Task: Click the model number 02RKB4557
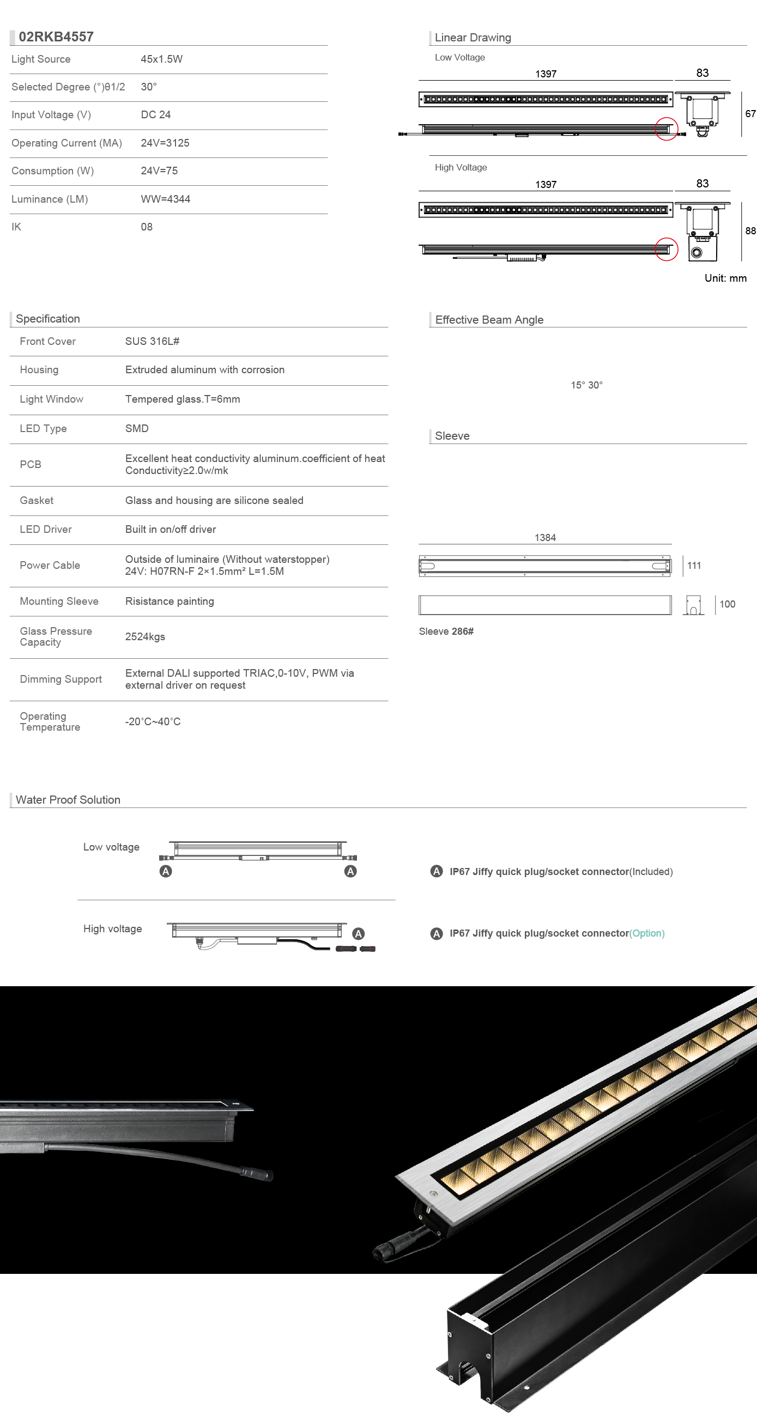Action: pyautogui.click(x=56, y=37)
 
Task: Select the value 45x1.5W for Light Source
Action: pyautogui.click(x=161, y=59)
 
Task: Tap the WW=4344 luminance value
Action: pyautogui.click(x=165, y=199)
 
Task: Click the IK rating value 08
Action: pyautogui.click(x=147, y=227)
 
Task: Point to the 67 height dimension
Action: pyautogui.click(x=750, y=114)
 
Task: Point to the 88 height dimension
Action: pyautogui.click(x=750, y=231)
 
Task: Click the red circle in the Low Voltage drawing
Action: pyautogui.click(x=667, y=129)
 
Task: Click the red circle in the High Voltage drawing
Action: pyautogui.click(x=667, y=250)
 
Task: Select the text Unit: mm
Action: pyautogui.click(x=725, y=278)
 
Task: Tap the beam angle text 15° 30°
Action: pyautogui.click(x=586, y=386)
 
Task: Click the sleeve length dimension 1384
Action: pyautogui.click(x=545, y=538)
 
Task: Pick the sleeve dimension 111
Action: pyautogui.click(x=694, y=566)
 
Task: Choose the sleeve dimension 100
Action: pyautogui.click(x=727, y=604)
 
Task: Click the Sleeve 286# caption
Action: pyautogui.click(x=446, y=631)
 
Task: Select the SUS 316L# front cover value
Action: pyautogui.click(x=152, y=342)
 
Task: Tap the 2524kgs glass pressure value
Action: pyautogui.click(x=145, y=637)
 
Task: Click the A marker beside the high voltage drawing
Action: pyautogui.click(x=358, y=934)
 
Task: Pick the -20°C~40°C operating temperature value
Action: pyautogui.click(x=153, y=722)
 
